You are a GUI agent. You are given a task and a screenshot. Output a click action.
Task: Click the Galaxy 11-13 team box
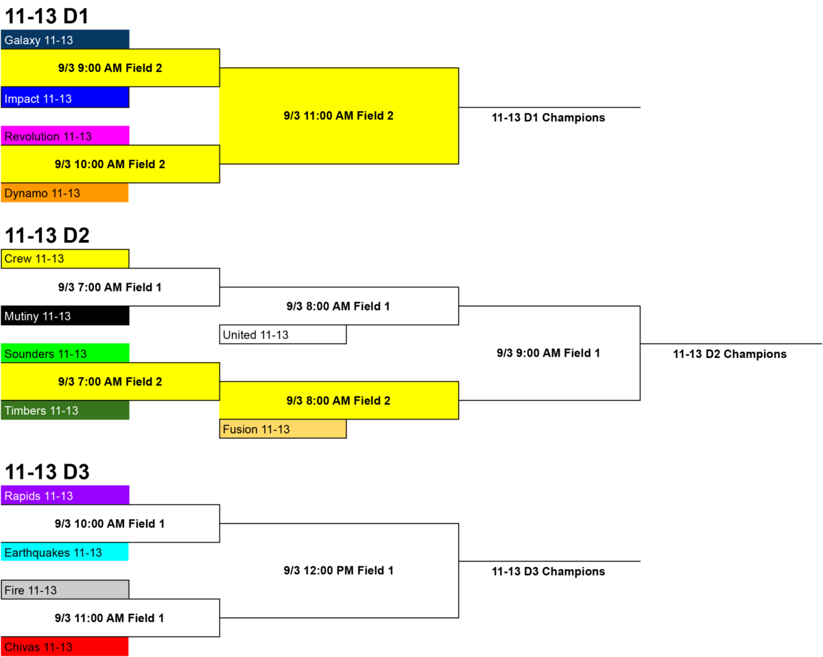tap(65, 39)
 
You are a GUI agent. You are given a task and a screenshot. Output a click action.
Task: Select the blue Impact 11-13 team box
tap(65, 97)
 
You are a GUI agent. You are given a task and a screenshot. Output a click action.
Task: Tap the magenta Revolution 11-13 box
tap(65, 135)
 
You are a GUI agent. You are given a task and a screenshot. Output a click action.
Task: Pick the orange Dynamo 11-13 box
tap(64, 192)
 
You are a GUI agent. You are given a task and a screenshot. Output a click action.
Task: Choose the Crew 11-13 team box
tap(65, 259)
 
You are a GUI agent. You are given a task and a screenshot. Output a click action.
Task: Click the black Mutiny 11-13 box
tap(65, 315)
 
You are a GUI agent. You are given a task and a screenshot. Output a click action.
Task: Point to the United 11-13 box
tap(283, 334)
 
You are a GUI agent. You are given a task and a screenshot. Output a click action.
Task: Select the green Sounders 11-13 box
tap(65, 353)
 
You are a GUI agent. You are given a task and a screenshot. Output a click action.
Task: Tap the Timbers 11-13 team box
tap(65, 410)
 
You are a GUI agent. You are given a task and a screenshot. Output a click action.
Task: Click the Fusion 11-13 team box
tap(283, 429)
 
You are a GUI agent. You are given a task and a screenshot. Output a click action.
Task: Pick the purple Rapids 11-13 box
tap(65, 495)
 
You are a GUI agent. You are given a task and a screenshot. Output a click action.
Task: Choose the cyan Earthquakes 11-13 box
tap(64, 552)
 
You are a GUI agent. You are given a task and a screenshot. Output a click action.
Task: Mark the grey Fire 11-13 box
tap(65, 590)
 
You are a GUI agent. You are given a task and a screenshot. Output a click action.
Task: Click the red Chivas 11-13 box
tap(64, 646)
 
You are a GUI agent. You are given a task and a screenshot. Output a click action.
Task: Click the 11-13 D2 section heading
tap(47, 235)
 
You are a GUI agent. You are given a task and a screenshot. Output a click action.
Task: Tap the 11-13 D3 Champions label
tap(549, 571)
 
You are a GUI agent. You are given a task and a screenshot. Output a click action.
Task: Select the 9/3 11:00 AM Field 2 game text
tap(338, 115)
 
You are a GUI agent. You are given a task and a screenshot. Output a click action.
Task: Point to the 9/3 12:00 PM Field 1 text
tap(338, 570)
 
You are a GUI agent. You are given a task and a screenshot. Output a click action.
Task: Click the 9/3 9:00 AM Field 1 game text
tap(549, 353)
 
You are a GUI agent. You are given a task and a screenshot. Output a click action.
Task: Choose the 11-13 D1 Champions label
tap(549, 117)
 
